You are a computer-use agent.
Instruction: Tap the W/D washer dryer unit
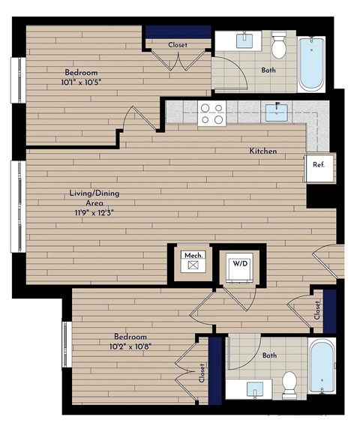tap(240, 267)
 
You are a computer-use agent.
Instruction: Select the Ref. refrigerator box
tap(319, 166)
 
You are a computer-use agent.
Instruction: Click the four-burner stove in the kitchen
tap(212, 114)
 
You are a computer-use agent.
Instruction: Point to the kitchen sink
tap(275, 113)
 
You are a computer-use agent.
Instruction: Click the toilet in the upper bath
tap(279, 46)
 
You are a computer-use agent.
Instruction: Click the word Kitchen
tap(263, 151)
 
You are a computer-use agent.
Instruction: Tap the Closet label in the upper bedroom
tap(178, 45)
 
